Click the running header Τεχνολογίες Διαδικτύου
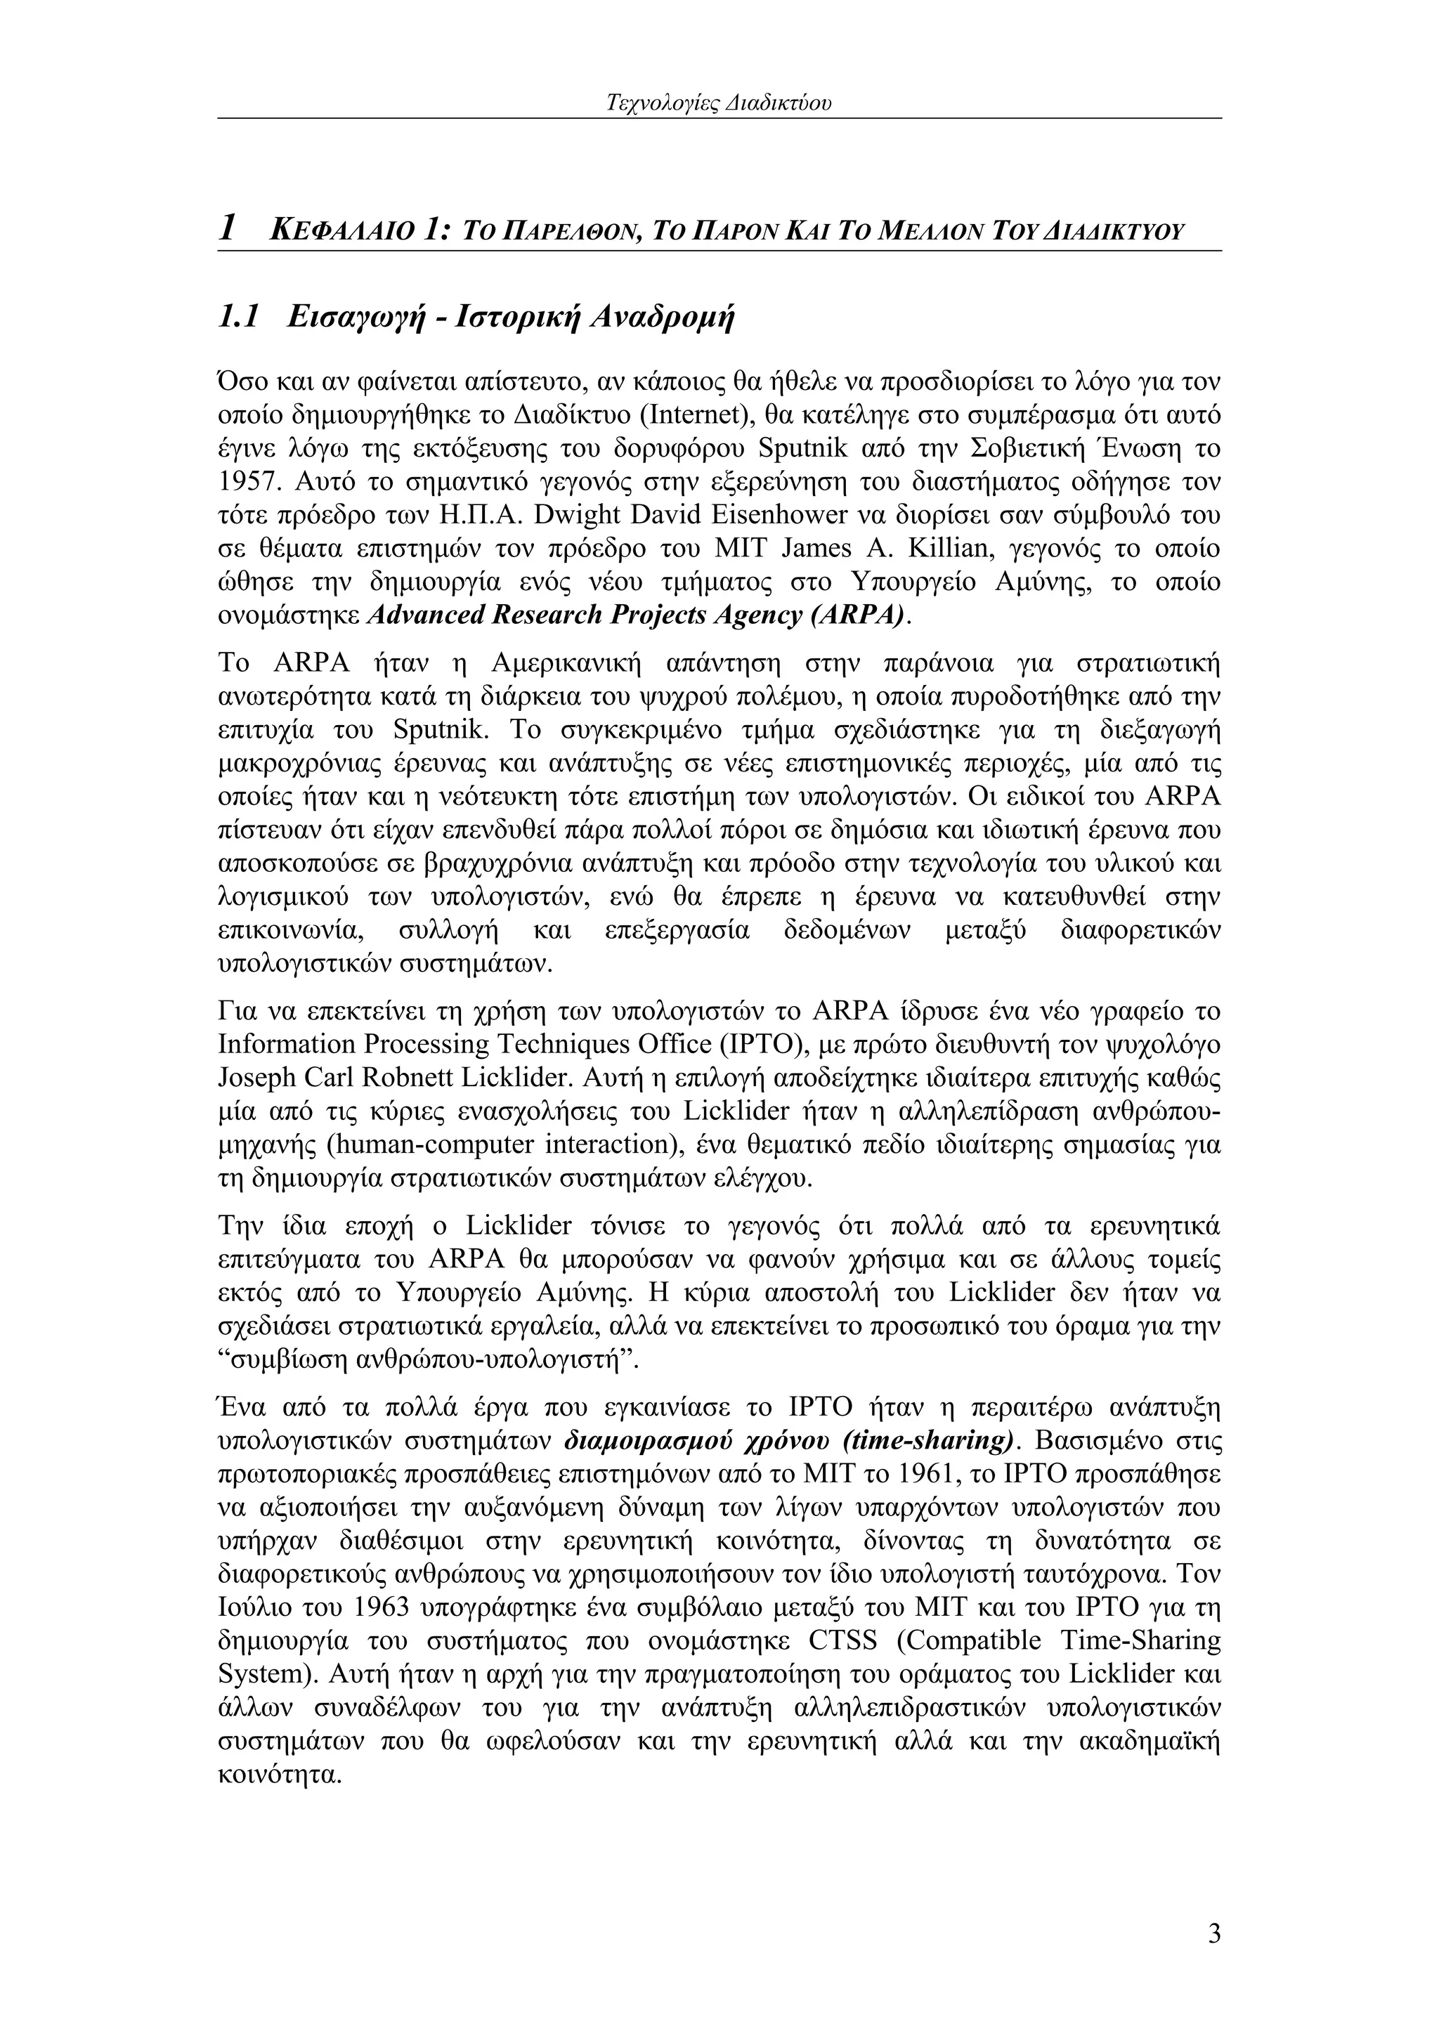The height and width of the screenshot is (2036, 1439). [x=719, y=104]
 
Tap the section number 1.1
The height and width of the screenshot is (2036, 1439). [x=237, y=317]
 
